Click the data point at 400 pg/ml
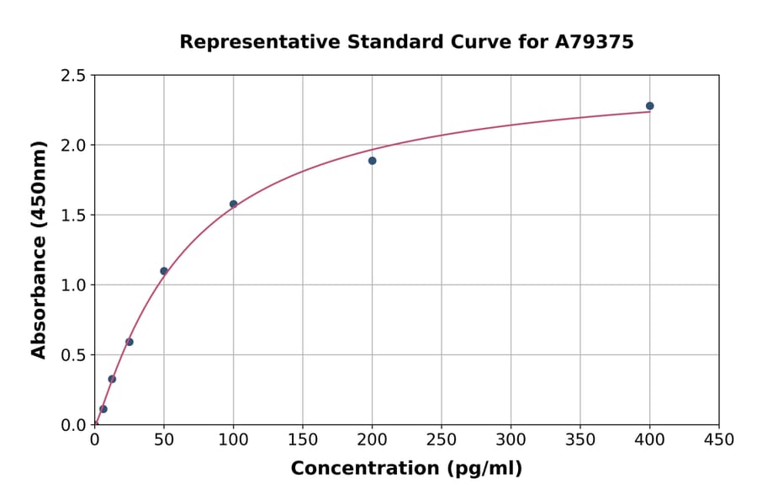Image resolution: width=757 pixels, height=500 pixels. pos(649,106)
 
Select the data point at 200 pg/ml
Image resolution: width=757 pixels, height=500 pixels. pos(372,161)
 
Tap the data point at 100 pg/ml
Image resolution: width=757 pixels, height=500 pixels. pos(233,204)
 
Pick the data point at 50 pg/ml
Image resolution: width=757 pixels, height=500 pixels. pos(164,271)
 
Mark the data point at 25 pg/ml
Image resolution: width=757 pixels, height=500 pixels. pos(130,342)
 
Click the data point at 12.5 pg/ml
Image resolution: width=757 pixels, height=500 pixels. pos(112,379)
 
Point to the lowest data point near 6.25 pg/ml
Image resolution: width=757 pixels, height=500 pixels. pos(103,409)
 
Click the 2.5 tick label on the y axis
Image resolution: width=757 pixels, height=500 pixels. pos(73,76)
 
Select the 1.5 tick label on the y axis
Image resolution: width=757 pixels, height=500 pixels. pos(73,215)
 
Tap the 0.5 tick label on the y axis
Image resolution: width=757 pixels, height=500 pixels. pos(73,355)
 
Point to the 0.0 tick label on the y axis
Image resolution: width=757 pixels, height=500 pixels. pos(73,425)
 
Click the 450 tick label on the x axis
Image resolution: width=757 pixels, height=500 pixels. pos(718,440)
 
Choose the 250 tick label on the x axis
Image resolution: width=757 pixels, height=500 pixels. pos(442,440)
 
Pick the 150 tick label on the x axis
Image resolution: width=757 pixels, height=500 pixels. pos(303,440)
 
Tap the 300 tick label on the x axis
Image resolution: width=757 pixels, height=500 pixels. pos(511,440)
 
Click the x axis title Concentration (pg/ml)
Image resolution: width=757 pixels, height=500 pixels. pos(406,469)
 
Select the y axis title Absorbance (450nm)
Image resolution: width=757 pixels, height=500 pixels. pos(39,250)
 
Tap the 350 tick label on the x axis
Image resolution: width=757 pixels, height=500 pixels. pos(580,440)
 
